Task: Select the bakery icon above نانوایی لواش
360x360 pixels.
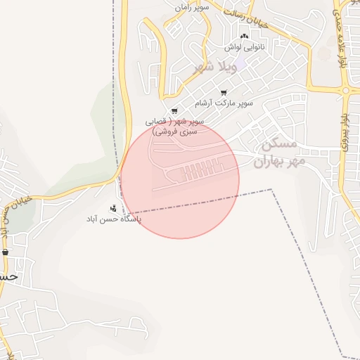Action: point(244,37)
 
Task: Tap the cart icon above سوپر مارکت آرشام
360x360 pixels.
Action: point(224,93)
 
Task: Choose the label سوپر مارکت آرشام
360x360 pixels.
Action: point(224,103)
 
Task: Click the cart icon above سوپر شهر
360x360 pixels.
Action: point(174,111)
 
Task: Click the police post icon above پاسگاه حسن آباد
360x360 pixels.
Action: point(113,208)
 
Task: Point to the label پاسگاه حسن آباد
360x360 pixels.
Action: point(113,219)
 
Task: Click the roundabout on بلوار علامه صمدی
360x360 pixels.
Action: point(345,90)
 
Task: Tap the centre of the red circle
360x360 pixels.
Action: point(180,179)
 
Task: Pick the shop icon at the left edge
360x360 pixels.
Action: point(6,252)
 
